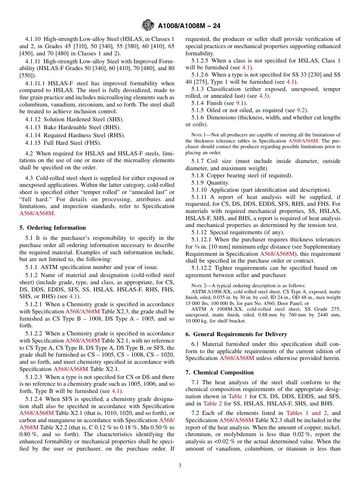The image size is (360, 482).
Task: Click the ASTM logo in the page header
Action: (148, 26)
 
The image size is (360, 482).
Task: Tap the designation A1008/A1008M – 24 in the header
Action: (188, 26)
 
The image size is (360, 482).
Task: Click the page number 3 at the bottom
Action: (180, 466)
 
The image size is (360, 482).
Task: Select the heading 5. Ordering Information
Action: (53, 228)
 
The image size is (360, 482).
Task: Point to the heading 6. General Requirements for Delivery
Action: (236, 334)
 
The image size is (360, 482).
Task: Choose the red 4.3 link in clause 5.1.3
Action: (263, 96)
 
